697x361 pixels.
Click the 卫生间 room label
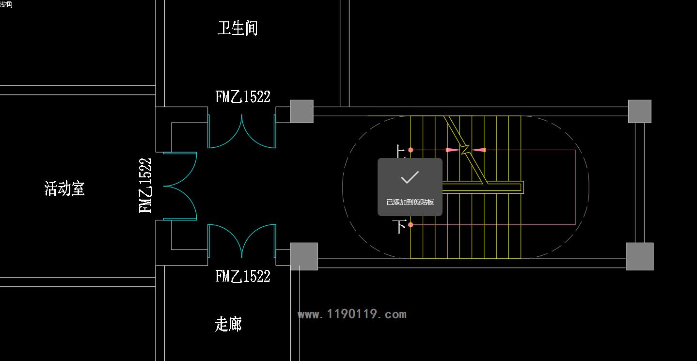coord(237,28)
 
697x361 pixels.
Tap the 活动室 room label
coord(64,188)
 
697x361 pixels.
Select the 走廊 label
coord(228,324)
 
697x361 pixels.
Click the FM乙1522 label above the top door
coord(242,97)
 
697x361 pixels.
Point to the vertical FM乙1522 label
coord(145,186)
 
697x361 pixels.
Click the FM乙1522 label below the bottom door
coord(242,276)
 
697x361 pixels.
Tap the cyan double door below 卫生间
coord(242,132)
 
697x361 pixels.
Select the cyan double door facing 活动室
coord(180,186)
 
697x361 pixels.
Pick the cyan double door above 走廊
coord(242,240)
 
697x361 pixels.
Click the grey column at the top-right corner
coord(639,111)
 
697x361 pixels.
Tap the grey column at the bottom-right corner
coord(639,256)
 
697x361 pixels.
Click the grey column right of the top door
coord(301,111)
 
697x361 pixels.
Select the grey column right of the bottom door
coord(304,256)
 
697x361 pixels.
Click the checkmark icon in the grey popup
coord(410,178)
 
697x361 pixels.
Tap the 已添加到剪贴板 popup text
coord(410,202)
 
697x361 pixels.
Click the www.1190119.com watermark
coord(352,314)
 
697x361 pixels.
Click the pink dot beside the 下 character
coord(411,225)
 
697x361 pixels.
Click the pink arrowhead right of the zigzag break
coord(479,150)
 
